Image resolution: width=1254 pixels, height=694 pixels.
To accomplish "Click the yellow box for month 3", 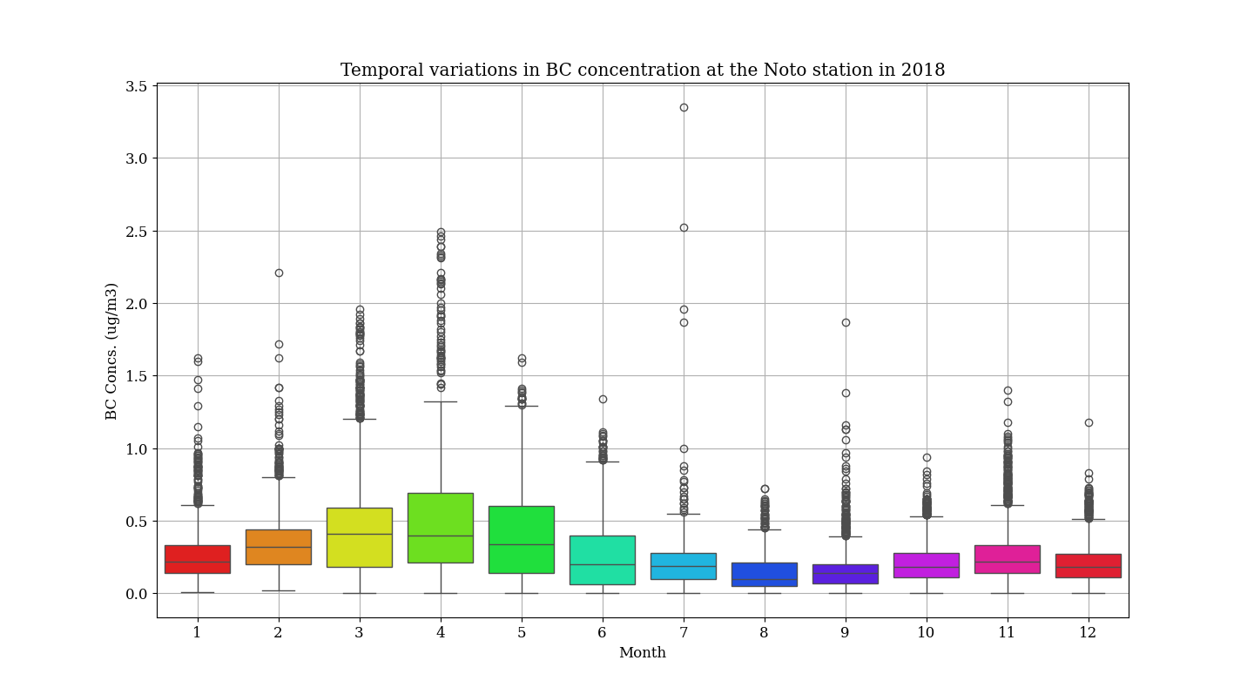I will coord(360,537).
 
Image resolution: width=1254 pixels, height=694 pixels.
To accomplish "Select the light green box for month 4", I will coord(441,528).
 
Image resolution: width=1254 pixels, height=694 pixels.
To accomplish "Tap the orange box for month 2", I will coord(279,547).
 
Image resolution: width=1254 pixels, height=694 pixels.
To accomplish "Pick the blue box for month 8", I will coord(765,575).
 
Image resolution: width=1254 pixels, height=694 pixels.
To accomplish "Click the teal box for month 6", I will coord(603,560).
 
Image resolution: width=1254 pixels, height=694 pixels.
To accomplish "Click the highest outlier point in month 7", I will coord(684,107).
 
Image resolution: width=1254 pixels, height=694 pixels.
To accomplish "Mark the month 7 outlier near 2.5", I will coord(684,227).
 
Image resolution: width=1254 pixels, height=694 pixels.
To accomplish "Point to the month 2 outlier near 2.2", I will coord(279,273).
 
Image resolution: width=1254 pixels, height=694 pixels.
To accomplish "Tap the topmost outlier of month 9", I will coord(846,322).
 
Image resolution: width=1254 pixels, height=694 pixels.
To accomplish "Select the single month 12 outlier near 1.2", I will coord(1089,422).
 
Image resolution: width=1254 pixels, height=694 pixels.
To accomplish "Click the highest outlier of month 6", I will coord(603,399).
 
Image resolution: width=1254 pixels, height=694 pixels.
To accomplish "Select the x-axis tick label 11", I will coord(1007,633).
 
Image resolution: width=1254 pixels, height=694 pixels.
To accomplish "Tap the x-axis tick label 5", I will coord(522,633).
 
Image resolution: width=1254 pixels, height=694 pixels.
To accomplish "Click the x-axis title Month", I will coord(643,653).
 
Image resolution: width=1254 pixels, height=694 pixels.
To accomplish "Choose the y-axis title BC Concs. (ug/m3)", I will coord(111,351).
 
